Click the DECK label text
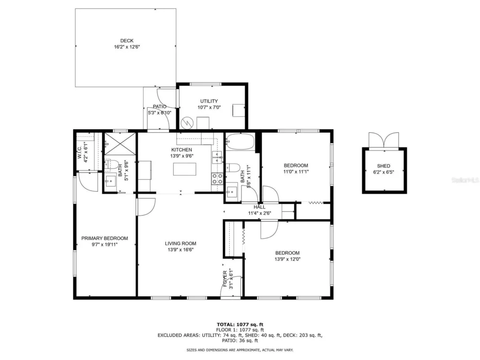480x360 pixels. coord(127,41)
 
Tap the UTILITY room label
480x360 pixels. coord(209,101)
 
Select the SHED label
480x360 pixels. coord(383,166)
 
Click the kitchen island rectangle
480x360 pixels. coord(184,168)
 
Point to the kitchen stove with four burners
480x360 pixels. coord(217,179)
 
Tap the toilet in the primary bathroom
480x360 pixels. coord(110,165)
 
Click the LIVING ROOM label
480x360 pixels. coord(180,243)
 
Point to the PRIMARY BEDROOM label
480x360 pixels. coord(104,238)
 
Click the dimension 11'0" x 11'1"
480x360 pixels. coord(296,172)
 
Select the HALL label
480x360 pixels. coord(259,207)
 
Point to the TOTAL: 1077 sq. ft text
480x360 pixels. coord(240,324)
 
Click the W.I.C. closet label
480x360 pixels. coord(80,151)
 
